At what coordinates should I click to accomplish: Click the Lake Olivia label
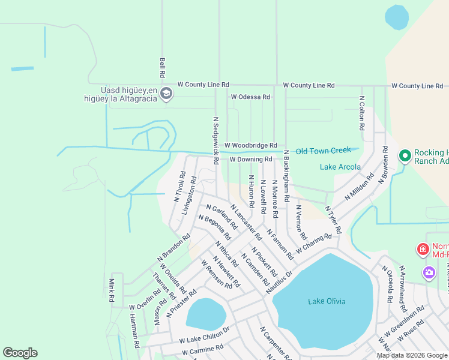(x=327, y=301)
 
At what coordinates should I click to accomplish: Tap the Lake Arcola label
(x=340, y=167)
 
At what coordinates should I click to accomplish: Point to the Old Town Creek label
(x=323, y=151)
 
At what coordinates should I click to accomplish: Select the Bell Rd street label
(x=162, y=68)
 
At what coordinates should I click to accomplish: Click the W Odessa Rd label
(x=250, y=97)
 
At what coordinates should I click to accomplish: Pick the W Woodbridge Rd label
(x=251, y=145)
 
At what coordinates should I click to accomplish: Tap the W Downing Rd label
(x=251, y=160)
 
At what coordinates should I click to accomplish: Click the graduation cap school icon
(x=167, y=93)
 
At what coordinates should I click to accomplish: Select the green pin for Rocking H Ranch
(x=405, y=156)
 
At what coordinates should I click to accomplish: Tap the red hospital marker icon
(x=423, y=248)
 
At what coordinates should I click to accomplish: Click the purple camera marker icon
(x=429, y=273)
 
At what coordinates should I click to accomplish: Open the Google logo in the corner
(x=20, y=353)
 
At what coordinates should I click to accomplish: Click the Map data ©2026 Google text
(x=411, y=355)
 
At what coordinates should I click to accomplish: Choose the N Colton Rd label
(x=362, y=113)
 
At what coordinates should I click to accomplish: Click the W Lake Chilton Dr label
(x=205, y=335)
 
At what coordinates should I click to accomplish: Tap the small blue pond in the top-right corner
(x=397, y=17)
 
